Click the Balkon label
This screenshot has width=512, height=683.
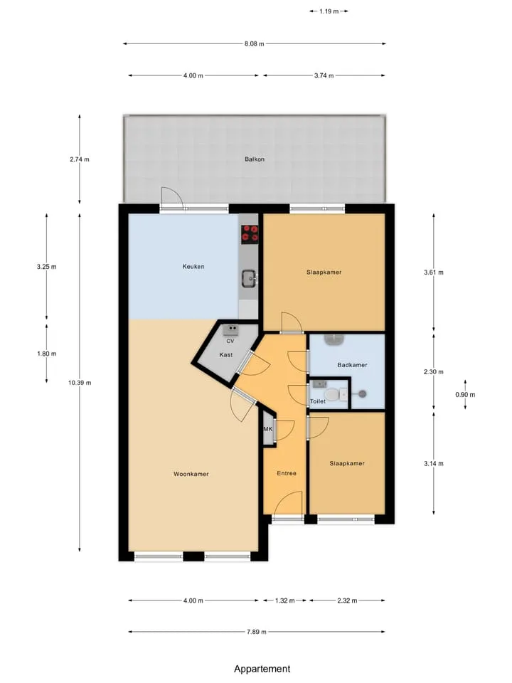(x=255, y=159)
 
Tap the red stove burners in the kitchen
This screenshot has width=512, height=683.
(x=250, y=233)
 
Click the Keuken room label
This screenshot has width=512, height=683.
(x=193, y=267)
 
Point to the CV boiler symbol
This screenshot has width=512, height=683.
(x=230, y=329)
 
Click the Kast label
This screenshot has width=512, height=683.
(x=226, y=355)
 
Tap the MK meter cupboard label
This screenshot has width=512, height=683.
(x=268, y=429)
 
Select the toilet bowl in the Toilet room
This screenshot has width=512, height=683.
(x=333, y=395)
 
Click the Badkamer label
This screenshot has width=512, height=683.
(x=352, y=365)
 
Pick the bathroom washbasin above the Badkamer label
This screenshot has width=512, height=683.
(x=335, y=339)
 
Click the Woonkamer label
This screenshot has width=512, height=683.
(x=191, y=474)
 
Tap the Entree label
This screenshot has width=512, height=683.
(x=287, y=473)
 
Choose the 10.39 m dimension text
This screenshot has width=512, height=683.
(x=80, y=383)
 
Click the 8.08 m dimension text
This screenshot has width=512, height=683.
(x=255, y=43)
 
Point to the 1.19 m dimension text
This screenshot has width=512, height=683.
(x=329, y=11)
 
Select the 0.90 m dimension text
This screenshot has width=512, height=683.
(x=465, y=395)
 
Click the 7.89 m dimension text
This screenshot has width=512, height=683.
(x=257, y=632)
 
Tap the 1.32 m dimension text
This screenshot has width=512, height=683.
(x=284, y=600)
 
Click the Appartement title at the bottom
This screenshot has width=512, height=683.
(x=262, y=669)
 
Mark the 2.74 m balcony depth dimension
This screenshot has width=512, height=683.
(x=79, y=159)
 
